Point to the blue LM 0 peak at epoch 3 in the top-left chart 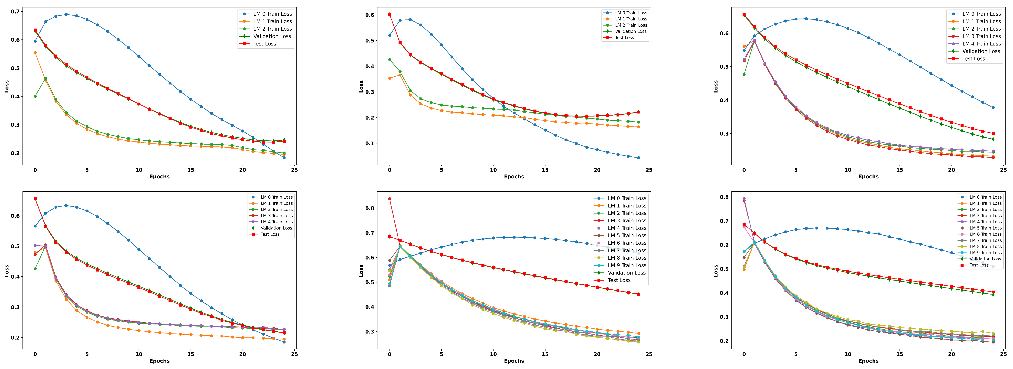tap(66, 15)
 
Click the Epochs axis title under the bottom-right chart tap(868, 361)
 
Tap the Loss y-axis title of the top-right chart tap(715, 87)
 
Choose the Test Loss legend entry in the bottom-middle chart tap(619, 280)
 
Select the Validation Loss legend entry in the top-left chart tap(272, 36)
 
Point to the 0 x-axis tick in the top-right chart tap(744, 170)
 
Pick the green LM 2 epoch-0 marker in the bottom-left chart tap(35, 269)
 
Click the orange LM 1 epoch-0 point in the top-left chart tap(35, 53)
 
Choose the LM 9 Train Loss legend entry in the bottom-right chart tap(985, 253)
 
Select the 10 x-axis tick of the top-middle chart tap(493, 170)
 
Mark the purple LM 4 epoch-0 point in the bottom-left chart tap(35, 245)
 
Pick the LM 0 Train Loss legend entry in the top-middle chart tap(631, 13)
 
